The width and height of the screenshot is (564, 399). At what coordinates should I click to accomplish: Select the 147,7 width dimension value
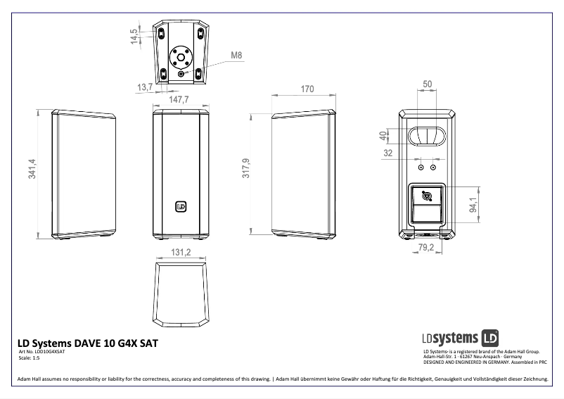coord(179,100)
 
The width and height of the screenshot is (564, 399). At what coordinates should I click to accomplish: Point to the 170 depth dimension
coord(307,89)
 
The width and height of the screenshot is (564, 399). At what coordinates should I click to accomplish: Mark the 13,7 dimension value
coord(145,87)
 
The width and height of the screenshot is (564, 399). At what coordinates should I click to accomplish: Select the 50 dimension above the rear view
coord(427,84)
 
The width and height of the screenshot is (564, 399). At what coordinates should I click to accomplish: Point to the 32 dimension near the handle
coord(387,152)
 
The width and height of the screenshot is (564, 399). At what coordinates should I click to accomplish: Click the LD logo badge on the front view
coord(181,206)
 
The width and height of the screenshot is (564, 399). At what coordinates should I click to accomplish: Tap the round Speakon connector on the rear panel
coord(426,196)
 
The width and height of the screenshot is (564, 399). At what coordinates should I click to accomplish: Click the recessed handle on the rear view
coord(426,134)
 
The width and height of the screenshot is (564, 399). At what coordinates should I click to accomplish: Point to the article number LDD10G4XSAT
coord(41,351)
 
